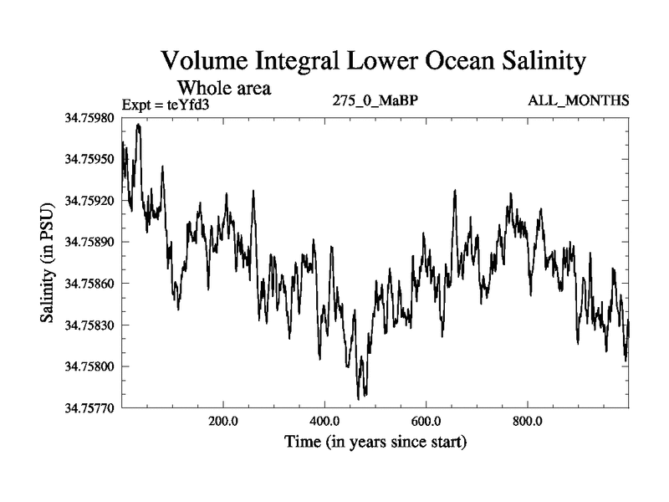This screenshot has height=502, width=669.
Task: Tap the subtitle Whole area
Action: point(225,86)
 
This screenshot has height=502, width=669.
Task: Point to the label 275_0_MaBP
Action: point(369,101)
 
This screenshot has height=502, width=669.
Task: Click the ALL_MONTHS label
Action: point(579,101)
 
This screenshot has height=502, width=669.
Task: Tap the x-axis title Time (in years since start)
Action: point(375,441)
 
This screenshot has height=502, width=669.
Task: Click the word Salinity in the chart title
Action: point(536,62)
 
